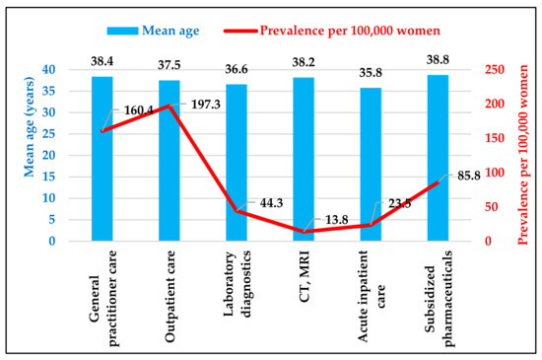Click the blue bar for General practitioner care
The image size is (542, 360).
click(x=102, y=158)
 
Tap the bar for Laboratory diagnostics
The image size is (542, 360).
click(x=237, y=162)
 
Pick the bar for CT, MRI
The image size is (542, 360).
click(x=304, y=159)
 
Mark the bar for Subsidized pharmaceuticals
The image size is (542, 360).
click(x=438, y=158)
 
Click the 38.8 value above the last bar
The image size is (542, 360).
click(x=438, y=59)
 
